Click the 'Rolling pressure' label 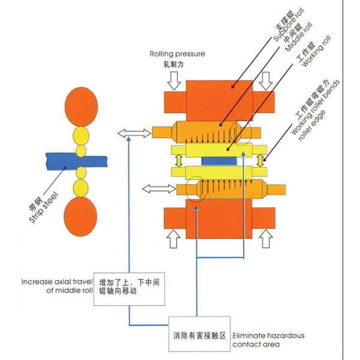[178, 53]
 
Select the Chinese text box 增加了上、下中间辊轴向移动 [128, 286]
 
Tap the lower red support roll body [221, 219]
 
